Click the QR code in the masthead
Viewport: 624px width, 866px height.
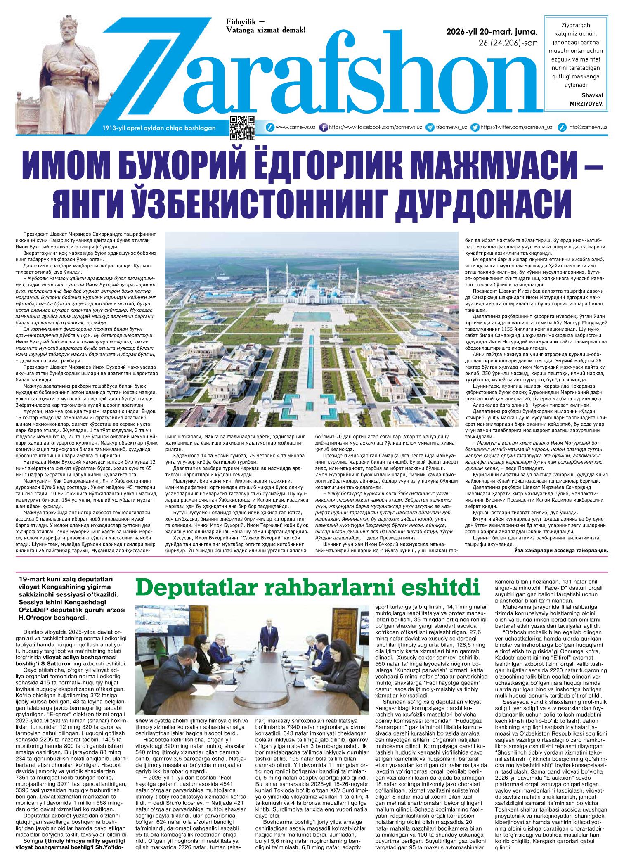pyautogui.click(x=242, y=128)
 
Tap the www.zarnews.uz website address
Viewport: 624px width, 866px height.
pyautogui.click(x=295, y=128)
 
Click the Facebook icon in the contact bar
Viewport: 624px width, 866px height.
pyautogui.click(x=324, y=128)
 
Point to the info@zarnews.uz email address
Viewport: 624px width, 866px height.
pyautogui.click(x=587, y=128)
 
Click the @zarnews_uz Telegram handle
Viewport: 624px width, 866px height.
pyautogui.click(x=451, y=128)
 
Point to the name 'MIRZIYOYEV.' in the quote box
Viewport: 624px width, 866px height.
pyautogui.click(x=585, y=104)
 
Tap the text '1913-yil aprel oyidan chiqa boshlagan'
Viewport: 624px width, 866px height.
pyautogui.click(x=159, y=128)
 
